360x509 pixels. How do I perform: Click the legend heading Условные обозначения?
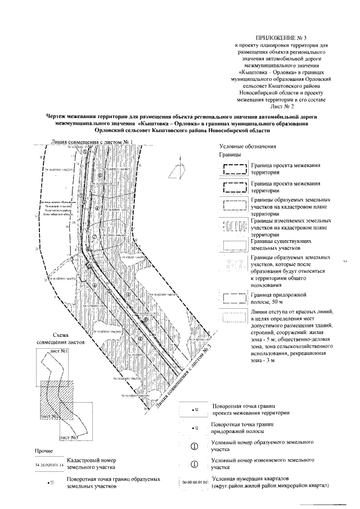[246, 147]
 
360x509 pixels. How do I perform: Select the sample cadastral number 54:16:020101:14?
[47, 465]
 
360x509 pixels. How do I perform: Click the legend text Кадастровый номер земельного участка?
[91, 464]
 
